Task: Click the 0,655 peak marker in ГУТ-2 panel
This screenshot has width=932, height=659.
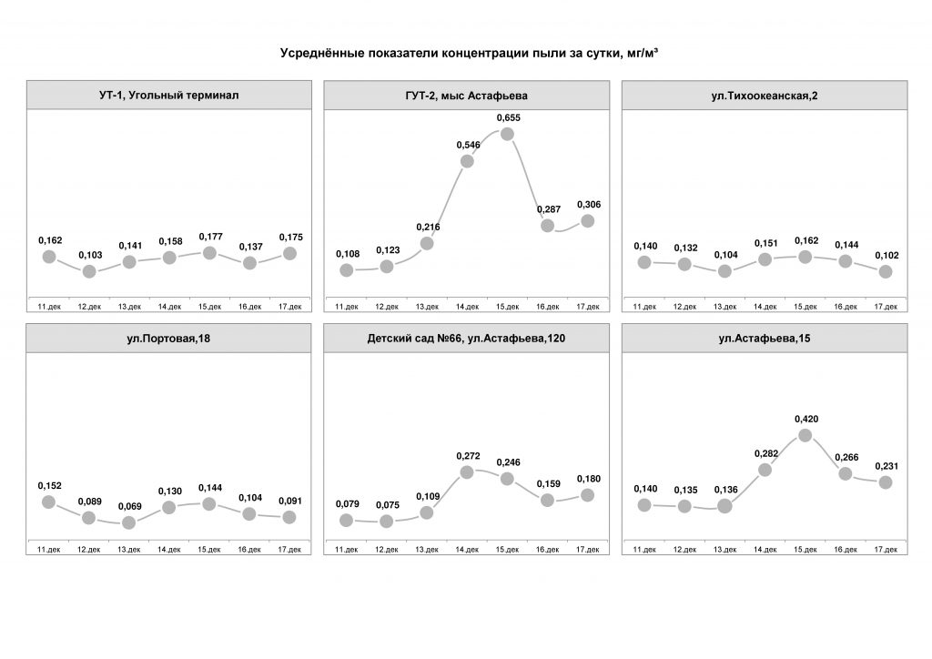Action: pyautogui.click(x=508, y=134)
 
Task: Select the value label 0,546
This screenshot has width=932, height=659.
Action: pyautogui.click(x=467, y=145)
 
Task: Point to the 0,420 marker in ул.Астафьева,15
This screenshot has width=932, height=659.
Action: pyautogui.click(x=805, y=435)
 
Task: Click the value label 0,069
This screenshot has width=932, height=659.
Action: pyautogui.click(x=129, y=506)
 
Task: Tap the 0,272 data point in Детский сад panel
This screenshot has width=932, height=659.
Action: pyautogui.click(x=468, y=471)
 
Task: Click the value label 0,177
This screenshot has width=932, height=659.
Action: pyautogui.click(x=209, y=236)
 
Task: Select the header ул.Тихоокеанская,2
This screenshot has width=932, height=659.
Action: pyautogui.click(x=765, y=96)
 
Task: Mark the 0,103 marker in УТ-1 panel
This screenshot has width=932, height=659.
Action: pyautogui.click(x=89, y=271)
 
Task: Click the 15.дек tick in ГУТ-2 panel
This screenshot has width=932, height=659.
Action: pyautogui.click(x=508, y=307)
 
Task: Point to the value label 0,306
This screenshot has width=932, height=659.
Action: pyautogui.click(x=587, y=204)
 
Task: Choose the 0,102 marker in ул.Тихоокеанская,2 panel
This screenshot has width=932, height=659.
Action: pyautogui.click(x=886, y=271)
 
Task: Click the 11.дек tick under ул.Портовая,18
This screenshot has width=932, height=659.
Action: pyautogui.click(x=49, y=550)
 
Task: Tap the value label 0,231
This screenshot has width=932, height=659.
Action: pyautogui.click(x=886, y=466)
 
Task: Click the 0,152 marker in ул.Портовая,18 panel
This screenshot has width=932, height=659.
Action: pyautogui.click(x=49, y=502)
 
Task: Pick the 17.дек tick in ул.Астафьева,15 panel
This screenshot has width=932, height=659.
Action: pyautogui.click(x=886, y=550)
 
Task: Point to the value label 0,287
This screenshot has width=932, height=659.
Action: pyautogui.click(x=547, y=208)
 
